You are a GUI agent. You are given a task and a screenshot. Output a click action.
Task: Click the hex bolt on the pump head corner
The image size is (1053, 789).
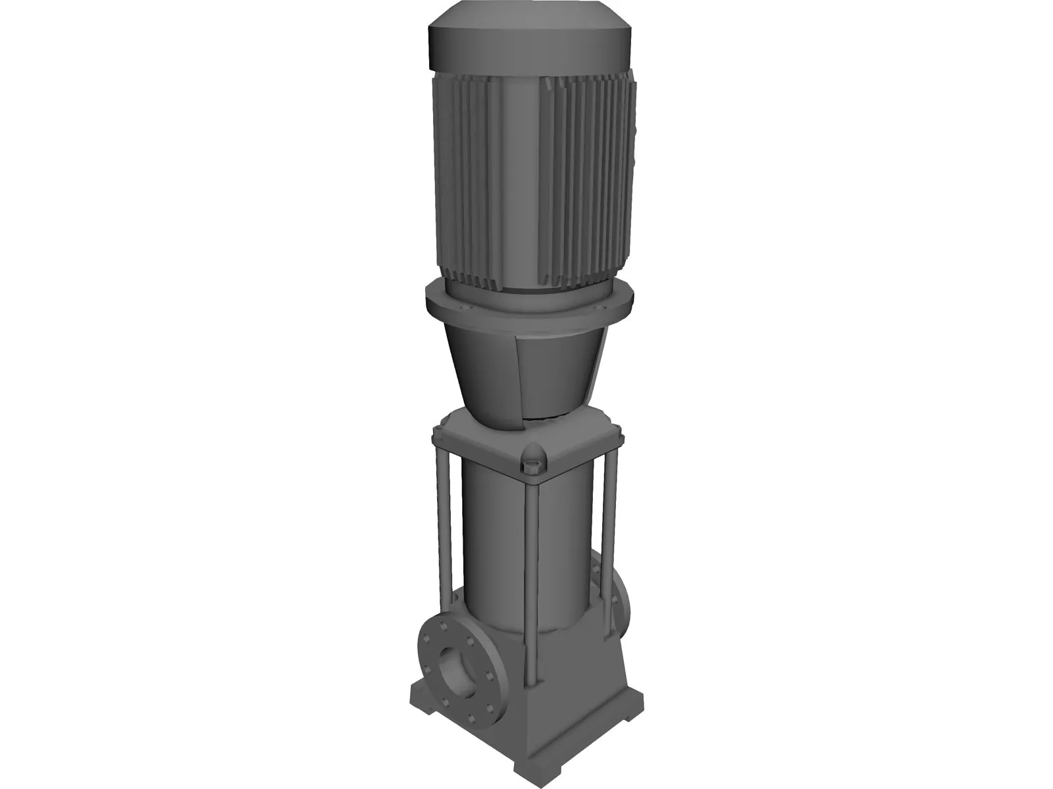(532, 468)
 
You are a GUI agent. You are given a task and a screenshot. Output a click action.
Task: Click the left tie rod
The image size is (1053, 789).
(444, 519)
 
